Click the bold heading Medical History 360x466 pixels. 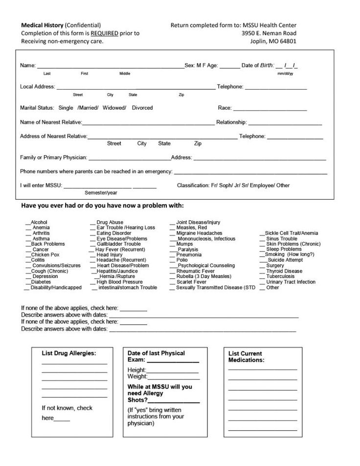pos(42,25)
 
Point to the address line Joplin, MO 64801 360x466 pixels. pos(273,41)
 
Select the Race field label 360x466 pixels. pos(224,108)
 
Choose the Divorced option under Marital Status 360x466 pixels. pos(142,108)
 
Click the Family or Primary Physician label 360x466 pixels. pos(53,158)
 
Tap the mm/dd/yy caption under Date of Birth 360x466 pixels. pos(285,73)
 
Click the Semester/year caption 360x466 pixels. pos(101,193)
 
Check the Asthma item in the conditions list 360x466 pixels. pos(41,239)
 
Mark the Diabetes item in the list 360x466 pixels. pos(41,282)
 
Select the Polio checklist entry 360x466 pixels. pos(181,260)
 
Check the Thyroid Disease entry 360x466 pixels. pos(284,271)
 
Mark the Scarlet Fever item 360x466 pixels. pos(191,282)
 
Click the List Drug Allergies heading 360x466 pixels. pos(68,353)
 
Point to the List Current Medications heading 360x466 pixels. pos(246,356)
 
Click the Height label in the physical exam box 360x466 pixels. pos(136,370)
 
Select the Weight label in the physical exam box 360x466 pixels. pos(137,376)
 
